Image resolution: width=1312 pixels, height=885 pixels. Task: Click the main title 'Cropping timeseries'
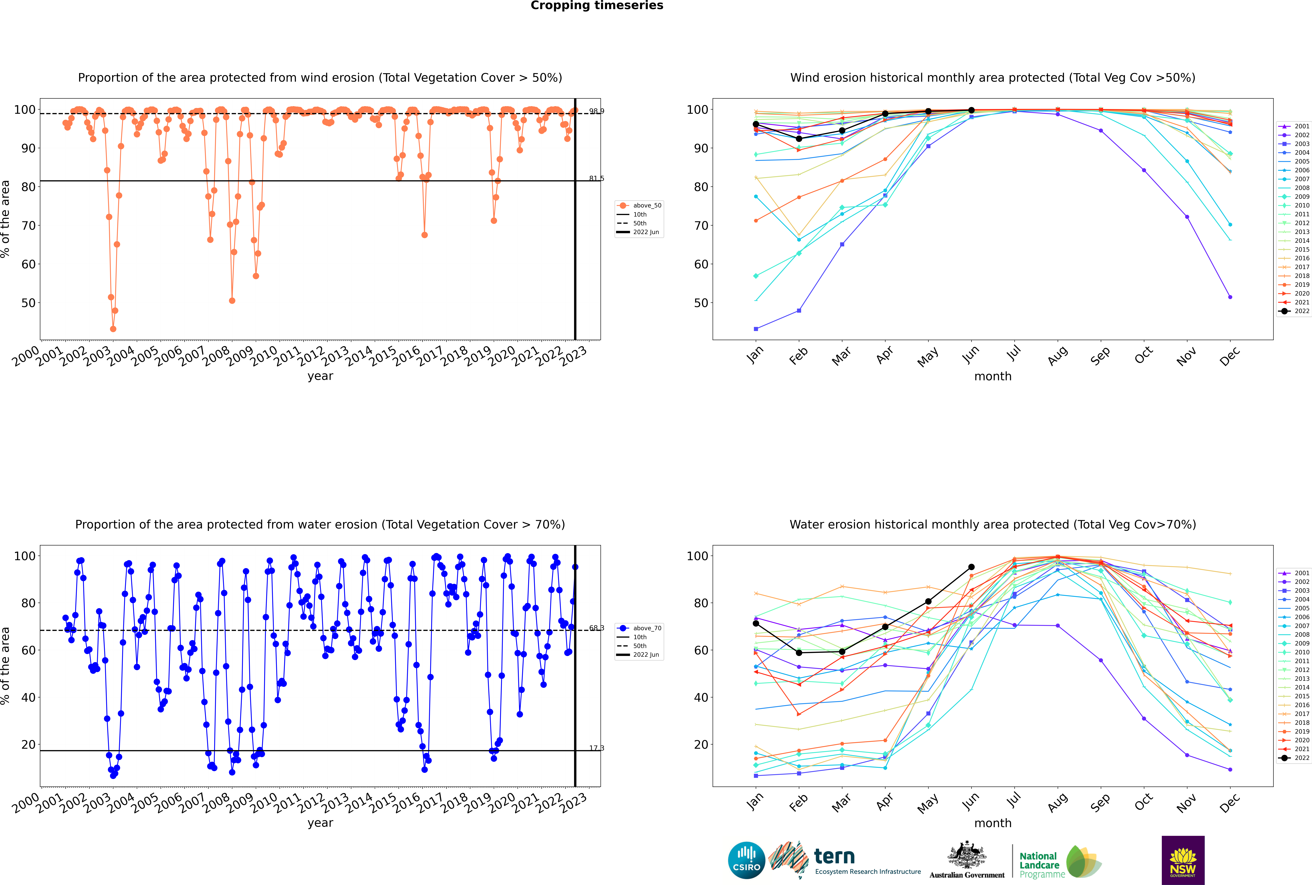pyautogui.click(x=597, y=6)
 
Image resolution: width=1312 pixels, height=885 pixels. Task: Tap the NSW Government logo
pyautogui.click(x=1183, y=860)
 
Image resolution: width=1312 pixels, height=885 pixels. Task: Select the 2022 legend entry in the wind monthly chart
pyautogui.click(x=1295, y=311)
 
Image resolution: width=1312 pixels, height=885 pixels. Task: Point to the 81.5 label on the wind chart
pyautogui.click(x=596, y=178)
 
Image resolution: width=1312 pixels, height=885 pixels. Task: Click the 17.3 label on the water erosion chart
pyautogui.click(x=596, y=748)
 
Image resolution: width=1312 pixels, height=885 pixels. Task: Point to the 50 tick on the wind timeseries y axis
pyautogui.click(x=28, y=303)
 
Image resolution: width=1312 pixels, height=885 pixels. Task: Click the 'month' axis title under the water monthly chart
pyautogui.click(x=993, y=823)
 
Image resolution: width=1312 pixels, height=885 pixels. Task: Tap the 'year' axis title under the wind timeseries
pyautogui.click(x=320, y=376)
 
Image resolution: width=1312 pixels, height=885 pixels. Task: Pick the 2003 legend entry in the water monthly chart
pyautogui.click(x=1295, y=590)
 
